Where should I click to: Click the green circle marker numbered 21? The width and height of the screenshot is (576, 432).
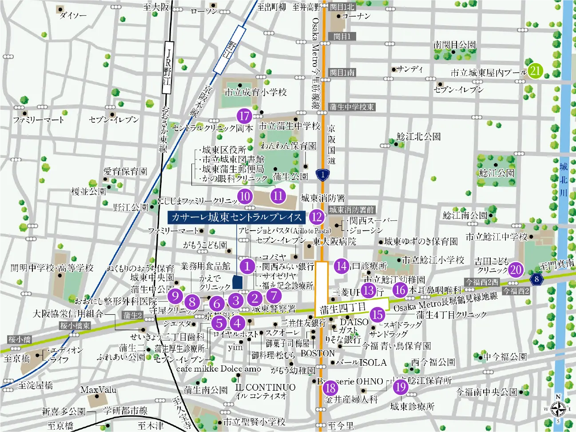tap(535, 70)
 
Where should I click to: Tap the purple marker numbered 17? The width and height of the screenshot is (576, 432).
tap(244, 116)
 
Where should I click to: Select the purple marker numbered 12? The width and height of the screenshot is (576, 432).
tap(317, 217)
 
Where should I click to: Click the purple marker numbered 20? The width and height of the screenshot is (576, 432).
tap(515, 270)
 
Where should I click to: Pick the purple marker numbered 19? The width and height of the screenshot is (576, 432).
tap(400, 387)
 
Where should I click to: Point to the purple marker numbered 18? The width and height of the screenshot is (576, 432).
tap(330, 388)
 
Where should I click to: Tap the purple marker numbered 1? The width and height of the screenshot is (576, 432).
tap(247, 266)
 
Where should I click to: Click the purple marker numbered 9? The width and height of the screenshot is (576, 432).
tap(175, 296)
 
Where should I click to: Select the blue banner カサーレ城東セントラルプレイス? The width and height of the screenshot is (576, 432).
tap(236, 217)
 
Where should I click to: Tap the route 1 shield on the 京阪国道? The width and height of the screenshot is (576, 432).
tap(323, 175)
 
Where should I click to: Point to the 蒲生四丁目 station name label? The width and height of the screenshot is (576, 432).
tap(342, 308)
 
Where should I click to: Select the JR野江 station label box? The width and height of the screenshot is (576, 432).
tap(167, 67)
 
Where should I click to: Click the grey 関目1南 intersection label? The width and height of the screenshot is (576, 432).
tap(342, 72)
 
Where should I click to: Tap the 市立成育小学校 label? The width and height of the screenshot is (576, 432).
tap(255, 92)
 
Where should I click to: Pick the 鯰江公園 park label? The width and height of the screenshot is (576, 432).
tap(497, 173)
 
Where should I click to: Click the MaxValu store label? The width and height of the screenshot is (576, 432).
tap(98, 390)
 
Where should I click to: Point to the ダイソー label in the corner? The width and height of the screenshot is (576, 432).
tap(73, 16)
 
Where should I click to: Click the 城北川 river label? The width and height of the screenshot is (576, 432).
tap(564, 180)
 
